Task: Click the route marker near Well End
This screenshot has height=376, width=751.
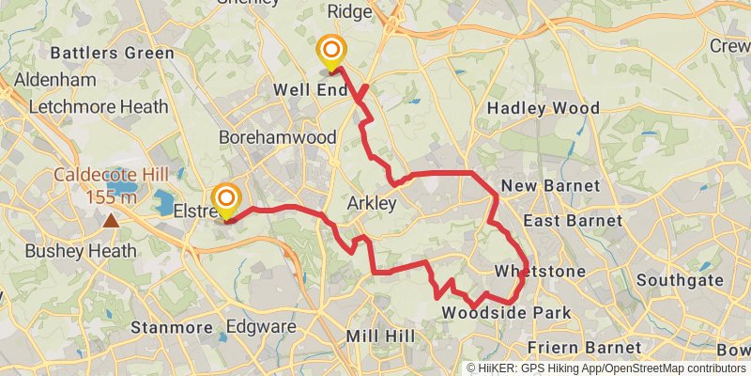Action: point(330,52)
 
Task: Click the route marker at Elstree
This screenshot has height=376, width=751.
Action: point(226,200)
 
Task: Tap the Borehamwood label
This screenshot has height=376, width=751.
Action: point(277,137)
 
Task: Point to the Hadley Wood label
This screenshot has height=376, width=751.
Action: point(544,109)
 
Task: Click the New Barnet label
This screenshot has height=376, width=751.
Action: point(549,186)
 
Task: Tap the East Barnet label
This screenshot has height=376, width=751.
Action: point(572,221)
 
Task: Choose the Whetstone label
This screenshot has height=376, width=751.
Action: point(540,272)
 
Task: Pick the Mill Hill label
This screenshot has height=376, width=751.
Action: point(375,336)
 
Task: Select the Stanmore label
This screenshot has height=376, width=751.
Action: point(172,328)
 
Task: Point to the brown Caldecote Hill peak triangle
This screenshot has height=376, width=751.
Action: point(112,221)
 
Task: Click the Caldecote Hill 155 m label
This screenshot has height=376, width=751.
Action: point(111,185)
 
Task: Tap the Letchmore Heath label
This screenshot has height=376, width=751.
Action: point(99,107)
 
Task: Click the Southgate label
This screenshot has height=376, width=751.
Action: point(680,280)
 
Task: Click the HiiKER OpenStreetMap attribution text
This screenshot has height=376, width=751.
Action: point(606,368)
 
